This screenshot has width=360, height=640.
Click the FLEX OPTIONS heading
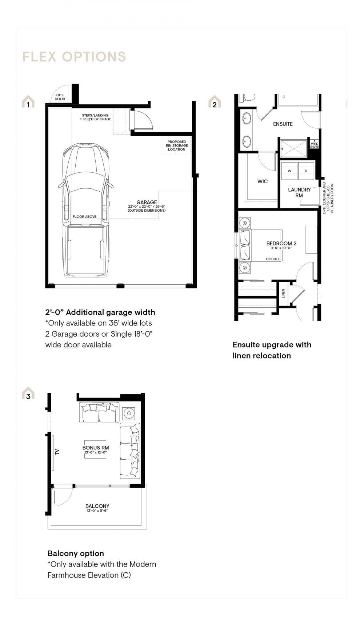pos(74,57)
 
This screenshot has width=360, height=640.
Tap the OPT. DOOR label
pos(60,97)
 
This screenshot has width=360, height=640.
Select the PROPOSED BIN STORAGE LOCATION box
pos(176,145)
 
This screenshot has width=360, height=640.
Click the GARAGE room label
pos(147,202)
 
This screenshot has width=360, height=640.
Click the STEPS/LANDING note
pos(95,117)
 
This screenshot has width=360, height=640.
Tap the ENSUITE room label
pos(283,124)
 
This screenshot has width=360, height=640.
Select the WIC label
pos(263,181)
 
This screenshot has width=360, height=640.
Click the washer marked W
pos(289,171)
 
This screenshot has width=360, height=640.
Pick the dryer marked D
pos(306,171)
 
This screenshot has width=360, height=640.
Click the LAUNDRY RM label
pos(299,192)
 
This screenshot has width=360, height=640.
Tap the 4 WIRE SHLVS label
pos(314,144)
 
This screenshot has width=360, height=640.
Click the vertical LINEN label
pos(283,293)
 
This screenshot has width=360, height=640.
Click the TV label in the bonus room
pos(57,452)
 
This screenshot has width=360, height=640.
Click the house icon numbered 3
pos(28,393)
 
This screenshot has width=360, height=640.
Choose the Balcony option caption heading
pos(76,553)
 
